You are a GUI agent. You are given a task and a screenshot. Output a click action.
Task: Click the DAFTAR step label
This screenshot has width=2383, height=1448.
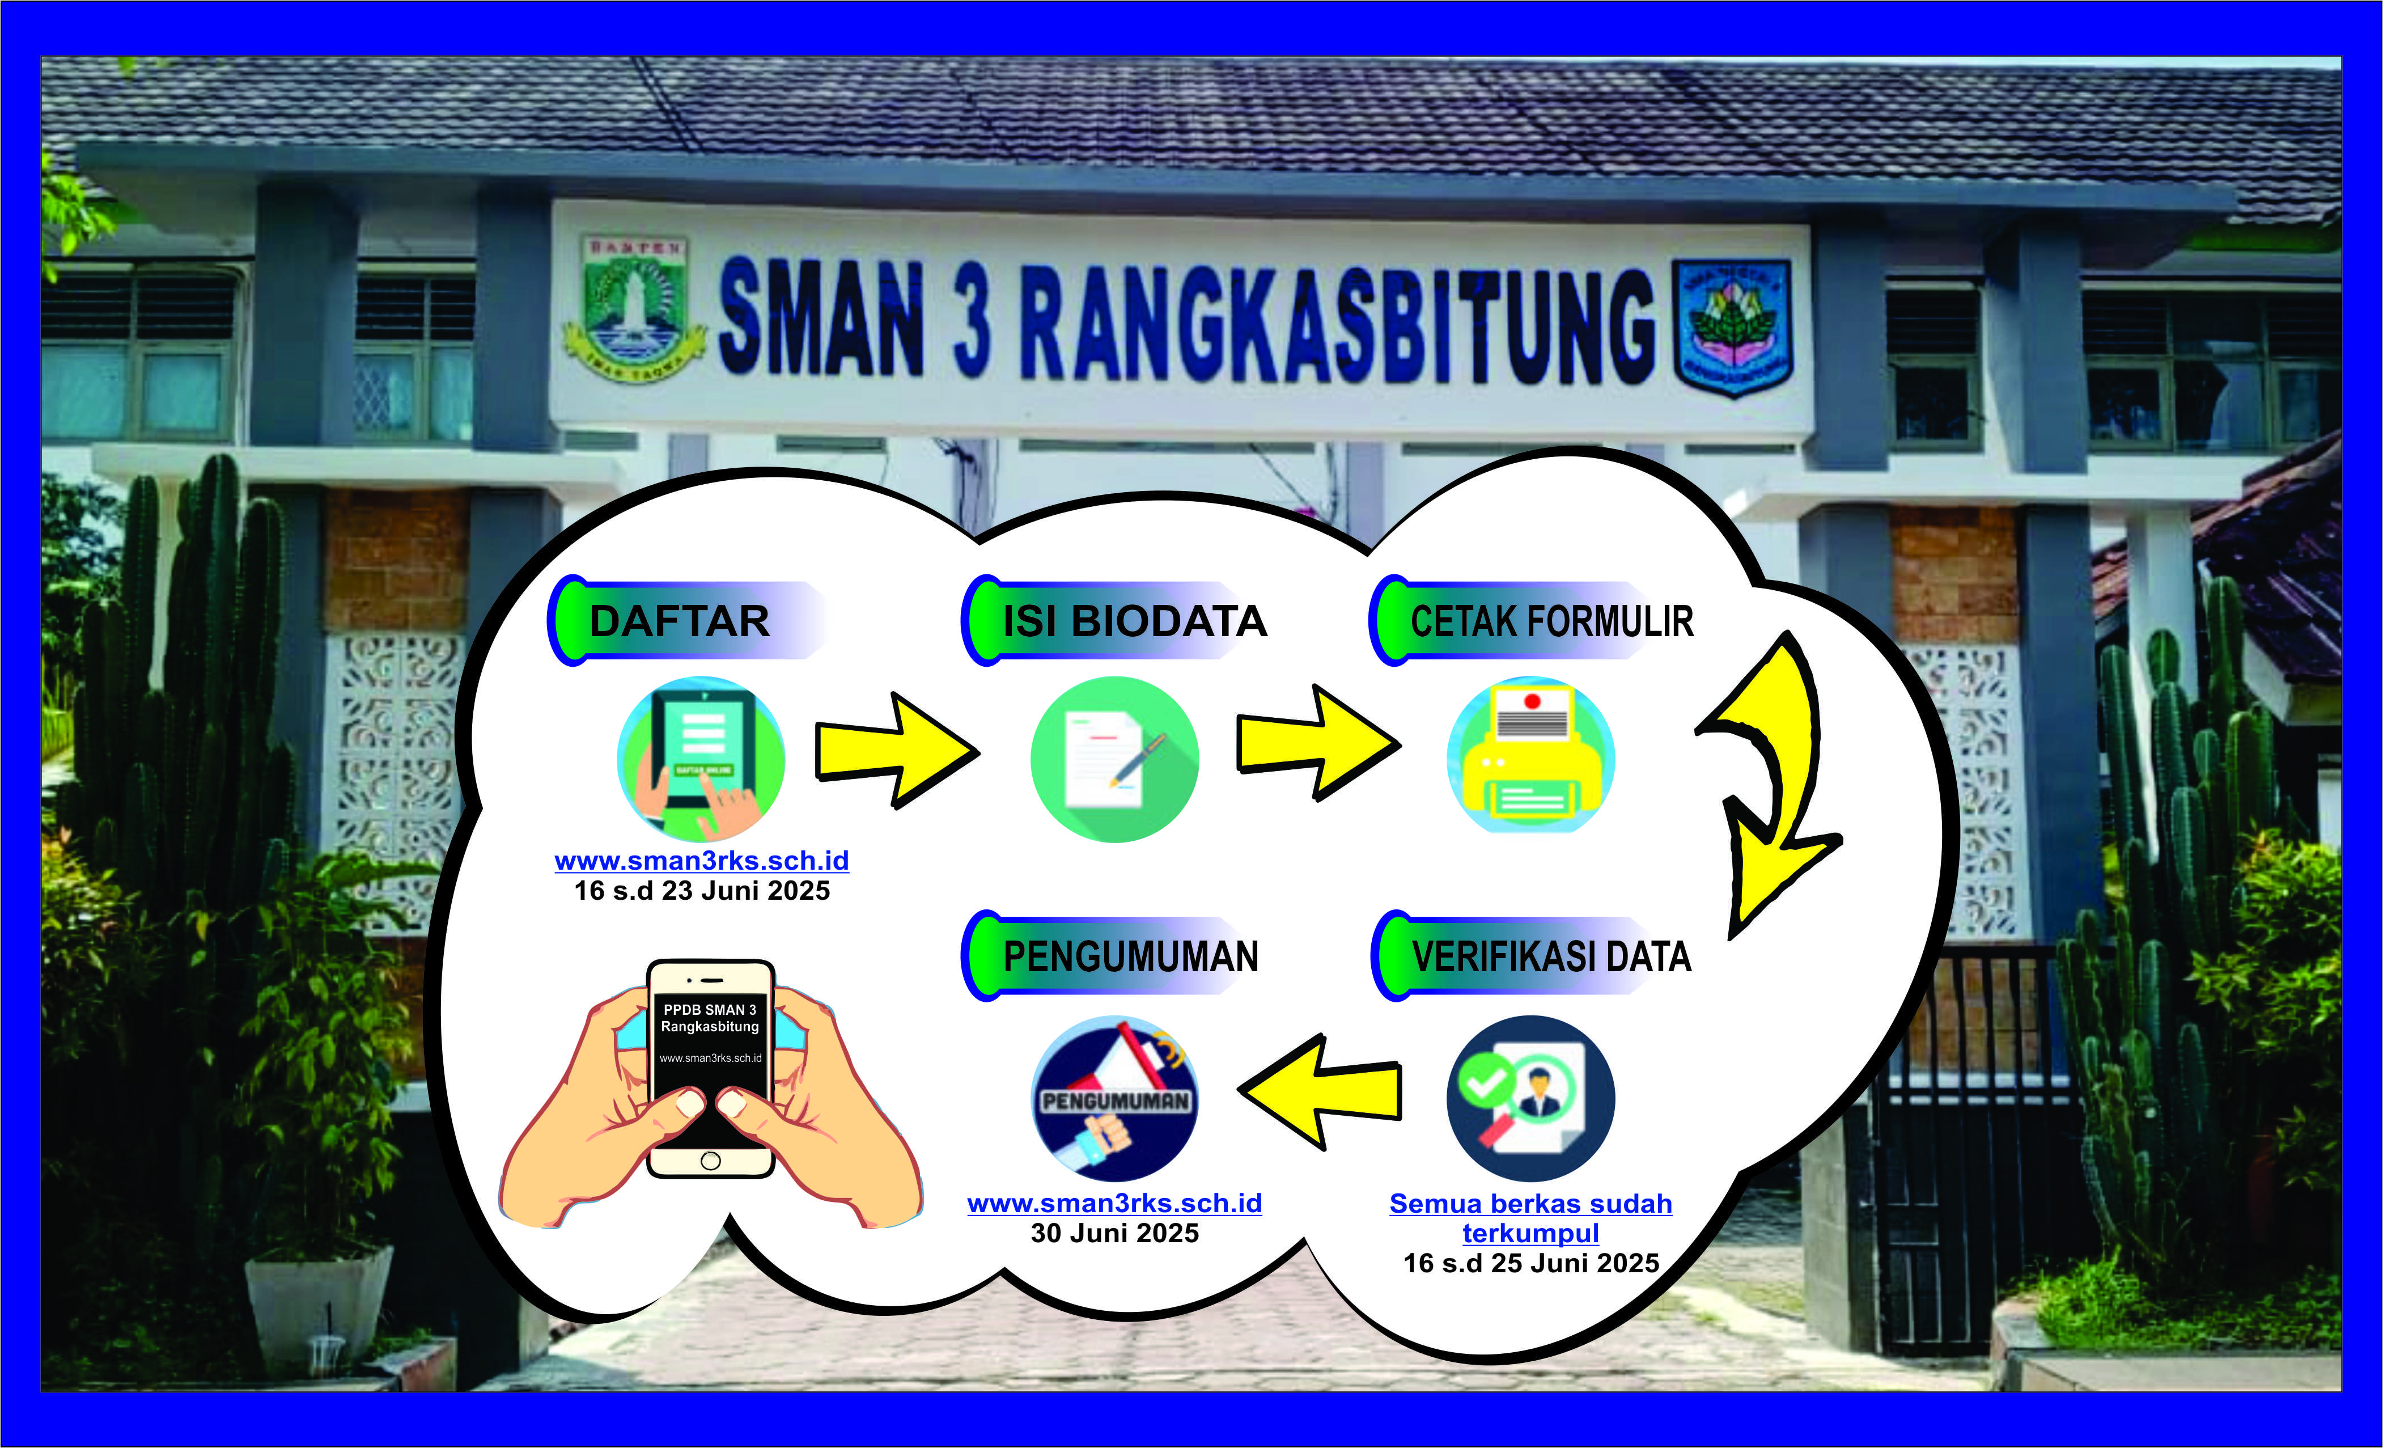[680, 621]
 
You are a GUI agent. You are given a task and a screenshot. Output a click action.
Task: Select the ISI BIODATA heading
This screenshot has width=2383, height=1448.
[1134, 621]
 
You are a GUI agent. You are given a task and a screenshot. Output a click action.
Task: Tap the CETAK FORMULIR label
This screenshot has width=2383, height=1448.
[1552, 621]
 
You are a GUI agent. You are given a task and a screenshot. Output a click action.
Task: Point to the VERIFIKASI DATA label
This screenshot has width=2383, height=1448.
[1551, 956]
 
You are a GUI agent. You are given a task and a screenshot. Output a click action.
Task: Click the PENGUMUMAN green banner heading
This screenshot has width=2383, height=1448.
[1131, 956]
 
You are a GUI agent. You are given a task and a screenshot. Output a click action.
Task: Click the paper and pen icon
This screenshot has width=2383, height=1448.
[1115, 759]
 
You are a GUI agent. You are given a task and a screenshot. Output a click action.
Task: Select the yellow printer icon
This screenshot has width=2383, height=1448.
[1531, 755]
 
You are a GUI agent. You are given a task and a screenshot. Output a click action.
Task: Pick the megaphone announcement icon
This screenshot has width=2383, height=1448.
[1115, 1098]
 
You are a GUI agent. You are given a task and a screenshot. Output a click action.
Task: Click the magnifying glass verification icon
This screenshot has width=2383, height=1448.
[1531, 1098]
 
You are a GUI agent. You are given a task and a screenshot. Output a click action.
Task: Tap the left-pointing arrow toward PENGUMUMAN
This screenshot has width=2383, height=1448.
[1319, 1091]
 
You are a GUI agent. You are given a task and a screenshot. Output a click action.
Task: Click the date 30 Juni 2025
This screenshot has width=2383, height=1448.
[1115, 1233]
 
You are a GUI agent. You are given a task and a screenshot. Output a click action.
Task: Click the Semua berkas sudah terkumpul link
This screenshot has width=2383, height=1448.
[1531, 1218]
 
